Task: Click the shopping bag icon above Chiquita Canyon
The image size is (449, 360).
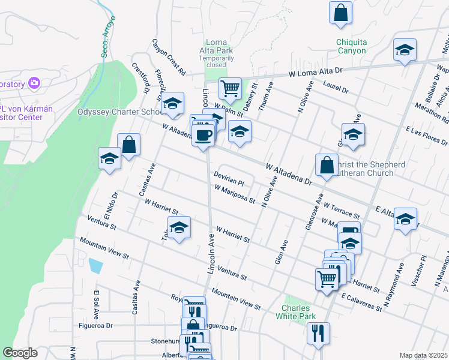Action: pos(340,13)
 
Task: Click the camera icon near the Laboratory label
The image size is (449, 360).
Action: pos(34,82)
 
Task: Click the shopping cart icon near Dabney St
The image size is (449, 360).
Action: pos(230,88)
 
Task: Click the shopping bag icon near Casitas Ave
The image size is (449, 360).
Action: pos(129,144)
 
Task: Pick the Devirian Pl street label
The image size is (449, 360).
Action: pos(229,178)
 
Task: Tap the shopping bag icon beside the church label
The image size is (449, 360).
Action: pos(326,164)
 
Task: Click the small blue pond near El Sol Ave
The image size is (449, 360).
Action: pos(95,265)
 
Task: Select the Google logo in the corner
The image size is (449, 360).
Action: pos(20,353)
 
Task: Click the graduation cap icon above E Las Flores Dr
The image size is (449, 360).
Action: pos(353,134)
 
